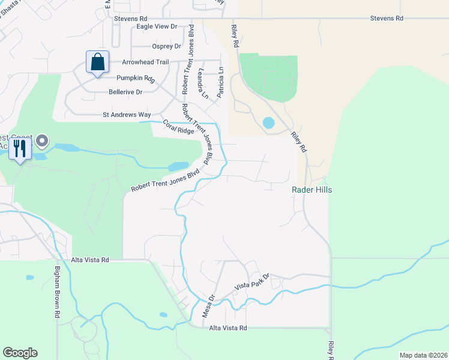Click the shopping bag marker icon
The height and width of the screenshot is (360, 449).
pos(97,62)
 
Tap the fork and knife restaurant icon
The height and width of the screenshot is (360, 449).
pos(20,148)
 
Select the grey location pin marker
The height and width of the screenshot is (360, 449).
pos(42,142)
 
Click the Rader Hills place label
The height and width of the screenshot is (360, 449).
pos(312,190)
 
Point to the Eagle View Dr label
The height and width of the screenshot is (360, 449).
pos(157,26)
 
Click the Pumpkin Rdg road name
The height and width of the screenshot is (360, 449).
pos(136,77)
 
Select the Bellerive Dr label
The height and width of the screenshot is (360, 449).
pos(125,92)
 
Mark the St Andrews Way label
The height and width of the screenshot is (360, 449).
pos(127,114)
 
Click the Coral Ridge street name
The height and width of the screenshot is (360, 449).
pos(178,127)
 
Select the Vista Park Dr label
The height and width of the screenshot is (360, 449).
pos(253,283)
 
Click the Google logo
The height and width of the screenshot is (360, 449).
pos(20,353)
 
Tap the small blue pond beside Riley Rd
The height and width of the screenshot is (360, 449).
pos(268,123)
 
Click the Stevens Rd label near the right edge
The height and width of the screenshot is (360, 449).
pos(387,19)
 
